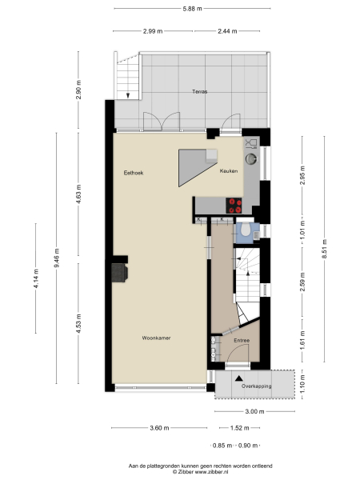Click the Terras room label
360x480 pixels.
pyautogui.click(x=199, y=92)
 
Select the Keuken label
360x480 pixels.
pyautogui.click(x=229, y=171)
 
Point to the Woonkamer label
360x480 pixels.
pyautogui.click(x=157, y=338)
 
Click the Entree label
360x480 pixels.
pyautogui.click(x=242, y=341)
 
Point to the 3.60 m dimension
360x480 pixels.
pyautogui.click(x=158, y=428)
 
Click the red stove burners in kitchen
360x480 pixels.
pyautogui.click(x=234, y=203)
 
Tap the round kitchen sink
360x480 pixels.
pyautogui.click(x=252, y=158)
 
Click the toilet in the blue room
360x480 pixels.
pyautogui.click(x=245, y=232)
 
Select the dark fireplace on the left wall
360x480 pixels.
pyautogui.click(x=120, y=272)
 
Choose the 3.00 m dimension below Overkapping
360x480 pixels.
pyautogui.click(x=254, y=412)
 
